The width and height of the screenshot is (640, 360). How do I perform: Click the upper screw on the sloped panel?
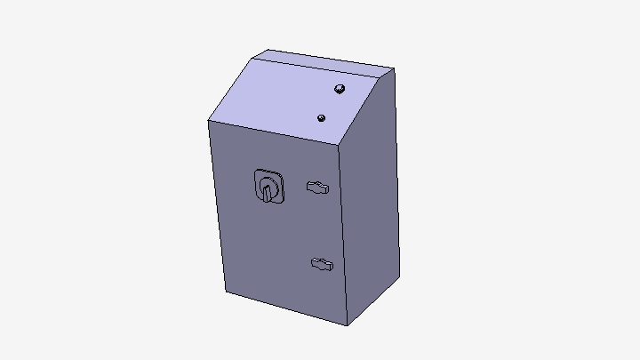[339, 88]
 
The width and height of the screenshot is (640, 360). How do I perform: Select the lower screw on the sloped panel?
[322, 117]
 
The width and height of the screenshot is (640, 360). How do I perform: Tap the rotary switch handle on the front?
[266, 189]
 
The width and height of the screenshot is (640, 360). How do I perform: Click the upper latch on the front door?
[318, 187]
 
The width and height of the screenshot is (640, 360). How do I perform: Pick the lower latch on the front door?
[321, 264]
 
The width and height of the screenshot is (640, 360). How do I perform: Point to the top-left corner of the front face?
[208, 121]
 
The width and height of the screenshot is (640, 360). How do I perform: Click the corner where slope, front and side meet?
[340, 145]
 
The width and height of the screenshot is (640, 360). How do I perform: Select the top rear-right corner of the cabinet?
[394, 68]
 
